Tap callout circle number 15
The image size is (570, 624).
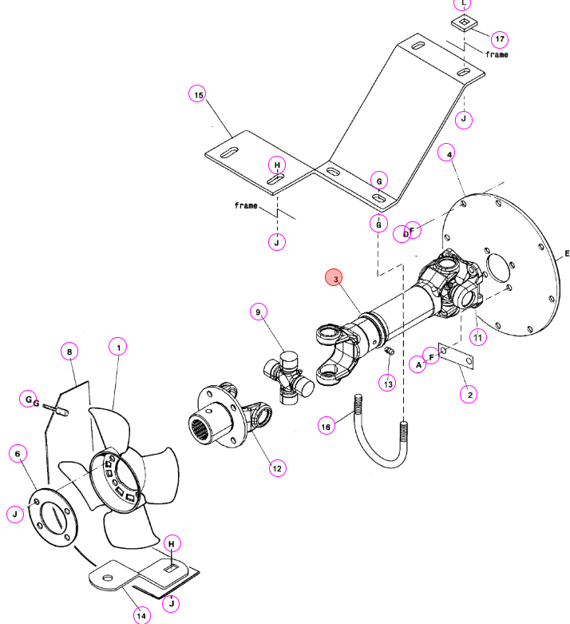pyautogui.click(x=198, y=94)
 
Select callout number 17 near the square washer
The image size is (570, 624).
pyautogui.click(x=500, y=38)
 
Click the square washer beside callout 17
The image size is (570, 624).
pyautogui.click(x=464, y=22)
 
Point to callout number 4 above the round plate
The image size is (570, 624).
pyautogui.click(x=446, y=153)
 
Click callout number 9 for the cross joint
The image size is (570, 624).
pyautogui.click(x=259, y=312)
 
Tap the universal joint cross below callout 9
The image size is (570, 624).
pyautogui.click(x=288, y=377)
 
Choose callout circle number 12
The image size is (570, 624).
pyautogui.click(x=277, y=468)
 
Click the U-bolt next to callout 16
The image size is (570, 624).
pyautogui.click(x=381, y=431)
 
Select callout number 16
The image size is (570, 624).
pyautogui.click(x=326, y=426)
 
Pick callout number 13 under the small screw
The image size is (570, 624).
pyautogui.click(x=387, y=384)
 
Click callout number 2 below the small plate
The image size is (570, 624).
pyautogui.click(x=469, y=395)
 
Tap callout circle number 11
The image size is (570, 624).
pyautogui.click(x=477, y=337)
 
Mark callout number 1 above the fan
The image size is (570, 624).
pyautogui.click(x=118, y=347)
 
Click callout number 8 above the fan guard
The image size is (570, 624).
pyautogui.click(x=69, y=352)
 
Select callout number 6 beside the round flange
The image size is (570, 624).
pyautogui.click(x=18, y=453)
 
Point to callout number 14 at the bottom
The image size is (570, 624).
pyautogui.click(x=141, y=616)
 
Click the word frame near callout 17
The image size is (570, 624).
pyautogui.click(x=497, y=54)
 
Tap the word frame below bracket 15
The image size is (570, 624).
pyautogui.click(x=246, y=205)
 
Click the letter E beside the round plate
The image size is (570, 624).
pyautogui.click(x=567, y=253)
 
